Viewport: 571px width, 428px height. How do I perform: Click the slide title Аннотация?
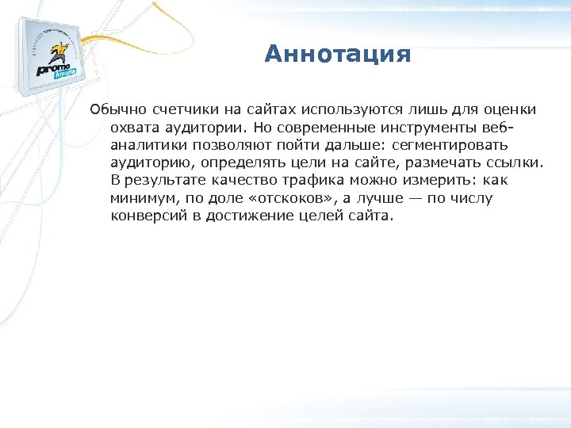click(338, 54)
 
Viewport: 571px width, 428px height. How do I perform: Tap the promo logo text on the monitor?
click(56, 68)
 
